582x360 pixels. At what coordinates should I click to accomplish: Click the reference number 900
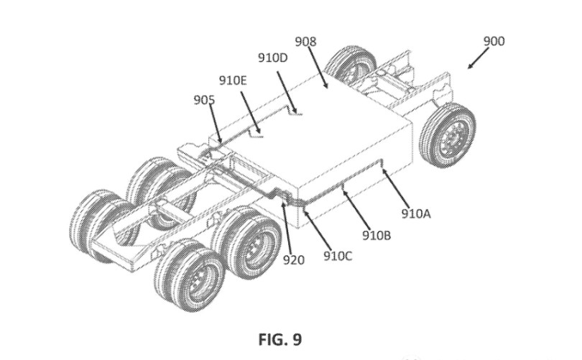[493, 41]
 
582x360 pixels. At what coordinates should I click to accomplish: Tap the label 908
[305, 42]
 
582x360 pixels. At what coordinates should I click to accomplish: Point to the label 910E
[232, 80]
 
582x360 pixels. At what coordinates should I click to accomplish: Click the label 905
[203, 101]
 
